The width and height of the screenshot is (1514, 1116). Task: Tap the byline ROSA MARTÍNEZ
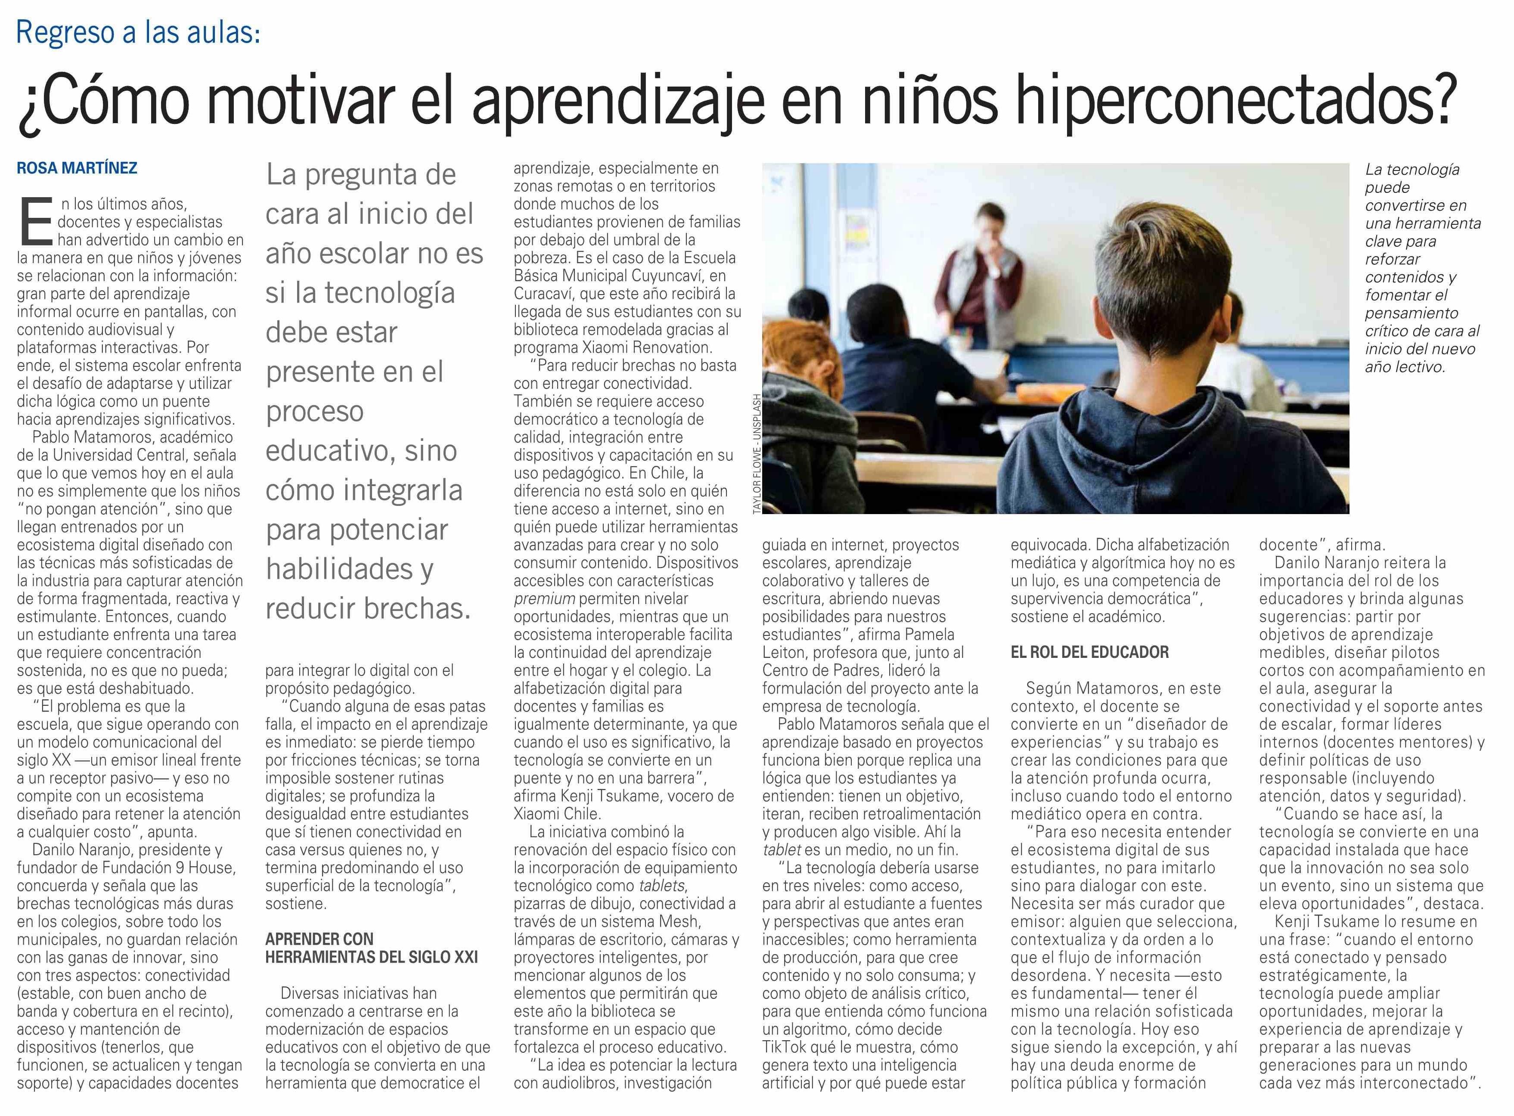pos(77,168)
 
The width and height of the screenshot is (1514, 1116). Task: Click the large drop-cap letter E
pos(35,222)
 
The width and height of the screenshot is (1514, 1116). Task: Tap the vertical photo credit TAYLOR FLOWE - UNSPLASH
pos(757,453)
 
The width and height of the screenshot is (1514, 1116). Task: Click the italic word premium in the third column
pos(544,598)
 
